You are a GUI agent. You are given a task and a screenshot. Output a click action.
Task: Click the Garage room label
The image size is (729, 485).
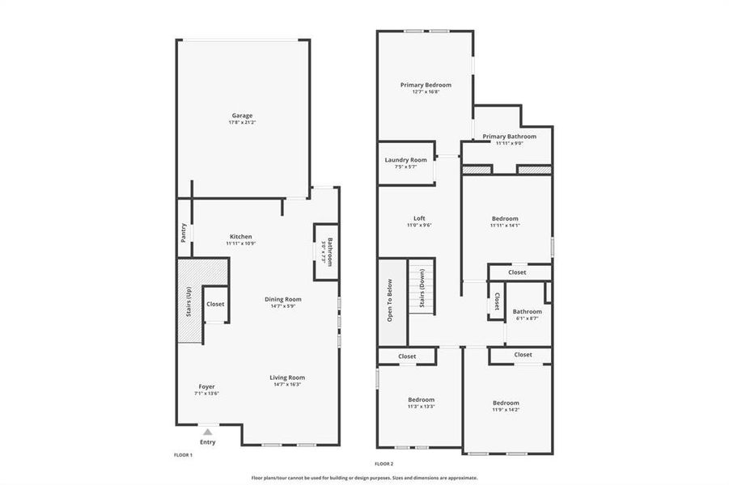pyautogui.click(x=241, y=116)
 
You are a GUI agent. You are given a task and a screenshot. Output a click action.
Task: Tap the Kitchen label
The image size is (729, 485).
pyautogui.click(x=239, y=237)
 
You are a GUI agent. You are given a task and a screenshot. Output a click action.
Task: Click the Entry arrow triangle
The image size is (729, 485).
pyautogui.click(x=208, y=433)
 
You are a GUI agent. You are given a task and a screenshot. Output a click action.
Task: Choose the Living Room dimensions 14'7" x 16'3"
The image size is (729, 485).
pyautogui.click(x=287, y=385)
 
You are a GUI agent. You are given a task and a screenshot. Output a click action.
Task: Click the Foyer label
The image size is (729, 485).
pyautogui.click(x=207, y=386)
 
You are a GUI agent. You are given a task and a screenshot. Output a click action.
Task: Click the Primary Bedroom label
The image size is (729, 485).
pyautogui.click(x=426, y=85)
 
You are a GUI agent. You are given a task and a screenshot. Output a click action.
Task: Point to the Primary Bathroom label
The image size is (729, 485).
pyautogui.click(x=509, y=137)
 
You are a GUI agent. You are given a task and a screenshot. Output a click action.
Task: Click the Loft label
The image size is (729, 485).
pyautogui.click(x=419, y=218)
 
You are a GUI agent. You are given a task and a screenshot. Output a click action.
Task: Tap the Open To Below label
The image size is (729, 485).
pyautogui.click(x=390, y=301)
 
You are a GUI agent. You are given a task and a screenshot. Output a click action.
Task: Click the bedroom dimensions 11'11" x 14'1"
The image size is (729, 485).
pyautogui.click(x=505, y=226)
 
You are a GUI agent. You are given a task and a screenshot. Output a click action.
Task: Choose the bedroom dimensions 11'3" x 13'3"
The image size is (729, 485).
pyautogui.click(x=421, y=407)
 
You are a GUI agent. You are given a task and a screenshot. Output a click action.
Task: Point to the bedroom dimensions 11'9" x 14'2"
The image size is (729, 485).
pyautogui.click(x=506, y=410)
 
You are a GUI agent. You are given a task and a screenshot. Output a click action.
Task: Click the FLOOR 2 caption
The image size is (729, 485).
pyautogui.click(x=384, y=464)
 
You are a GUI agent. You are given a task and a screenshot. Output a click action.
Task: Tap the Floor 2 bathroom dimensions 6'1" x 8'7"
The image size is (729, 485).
pyautogui.click(x=527, y=318)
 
